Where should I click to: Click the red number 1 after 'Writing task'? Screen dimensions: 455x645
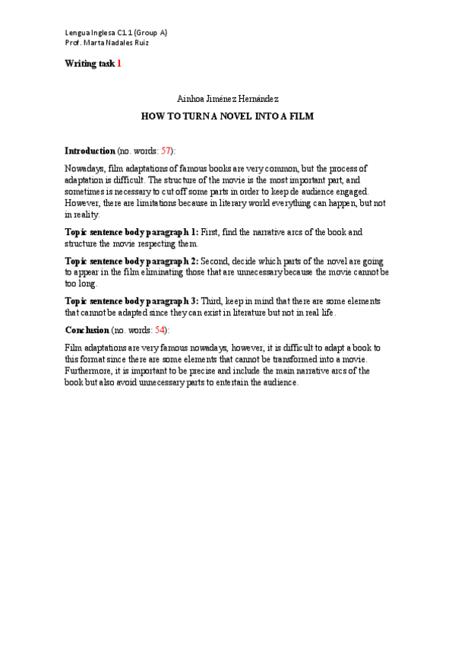(119, 64)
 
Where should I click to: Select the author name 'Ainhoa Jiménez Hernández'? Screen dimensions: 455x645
(228, 99)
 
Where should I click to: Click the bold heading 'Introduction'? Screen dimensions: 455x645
(90, 151)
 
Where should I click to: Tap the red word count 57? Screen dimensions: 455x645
(166, 151)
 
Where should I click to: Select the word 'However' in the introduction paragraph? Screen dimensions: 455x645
(82, 204)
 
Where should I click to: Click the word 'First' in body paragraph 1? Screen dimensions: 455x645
(211, 231)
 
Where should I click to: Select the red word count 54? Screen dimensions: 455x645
(160, 330)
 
